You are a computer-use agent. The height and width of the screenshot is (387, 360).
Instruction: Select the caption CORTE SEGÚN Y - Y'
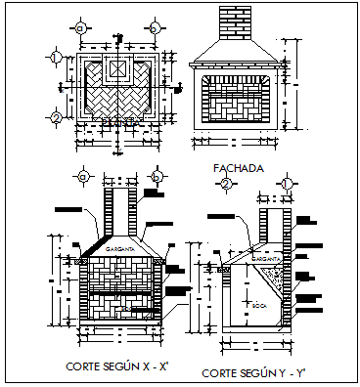[252, 373]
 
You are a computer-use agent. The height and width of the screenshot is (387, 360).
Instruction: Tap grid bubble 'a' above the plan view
[85, 26]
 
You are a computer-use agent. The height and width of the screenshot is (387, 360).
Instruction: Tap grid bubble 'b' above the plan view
[155, 26]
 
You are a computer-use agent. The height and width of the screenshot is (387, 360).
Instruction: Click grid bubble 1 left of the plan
[56, 59]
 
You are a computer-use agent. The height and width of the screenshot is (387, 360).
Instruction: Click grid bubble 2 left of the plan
[56, 119]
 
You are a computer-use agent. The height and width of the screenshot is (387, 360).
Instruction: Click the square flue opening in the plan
[115, 69]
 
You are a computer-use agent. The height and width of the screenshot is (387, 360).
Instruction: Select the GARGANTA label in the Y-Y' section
[270, 258]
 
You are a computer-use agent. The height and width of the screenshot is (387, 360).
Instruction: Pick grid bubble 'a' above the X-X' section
[84, 177]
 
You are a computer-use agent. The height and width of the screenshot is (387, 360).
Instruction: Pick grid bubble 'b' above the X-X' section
[156, 177]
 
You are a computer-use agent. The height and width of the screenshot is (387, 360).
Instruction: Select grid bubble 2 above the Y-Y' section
[225, 183]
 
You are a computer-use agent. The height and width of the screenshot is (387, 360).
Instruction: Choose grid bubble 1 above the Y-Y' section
[286, 183]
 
